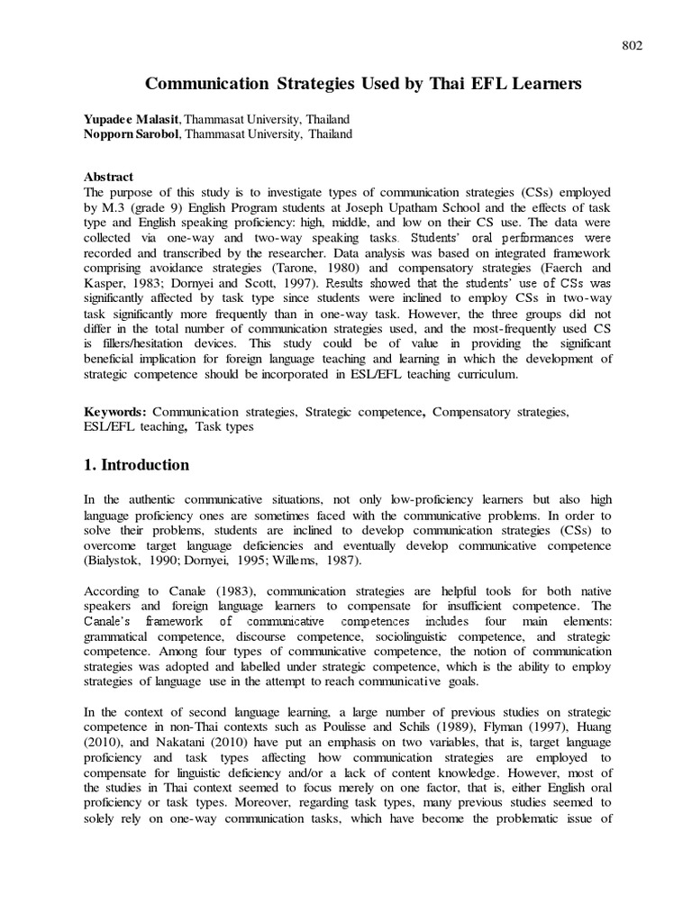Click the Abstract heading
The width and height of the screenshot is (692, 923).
(x=108, y=178)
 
